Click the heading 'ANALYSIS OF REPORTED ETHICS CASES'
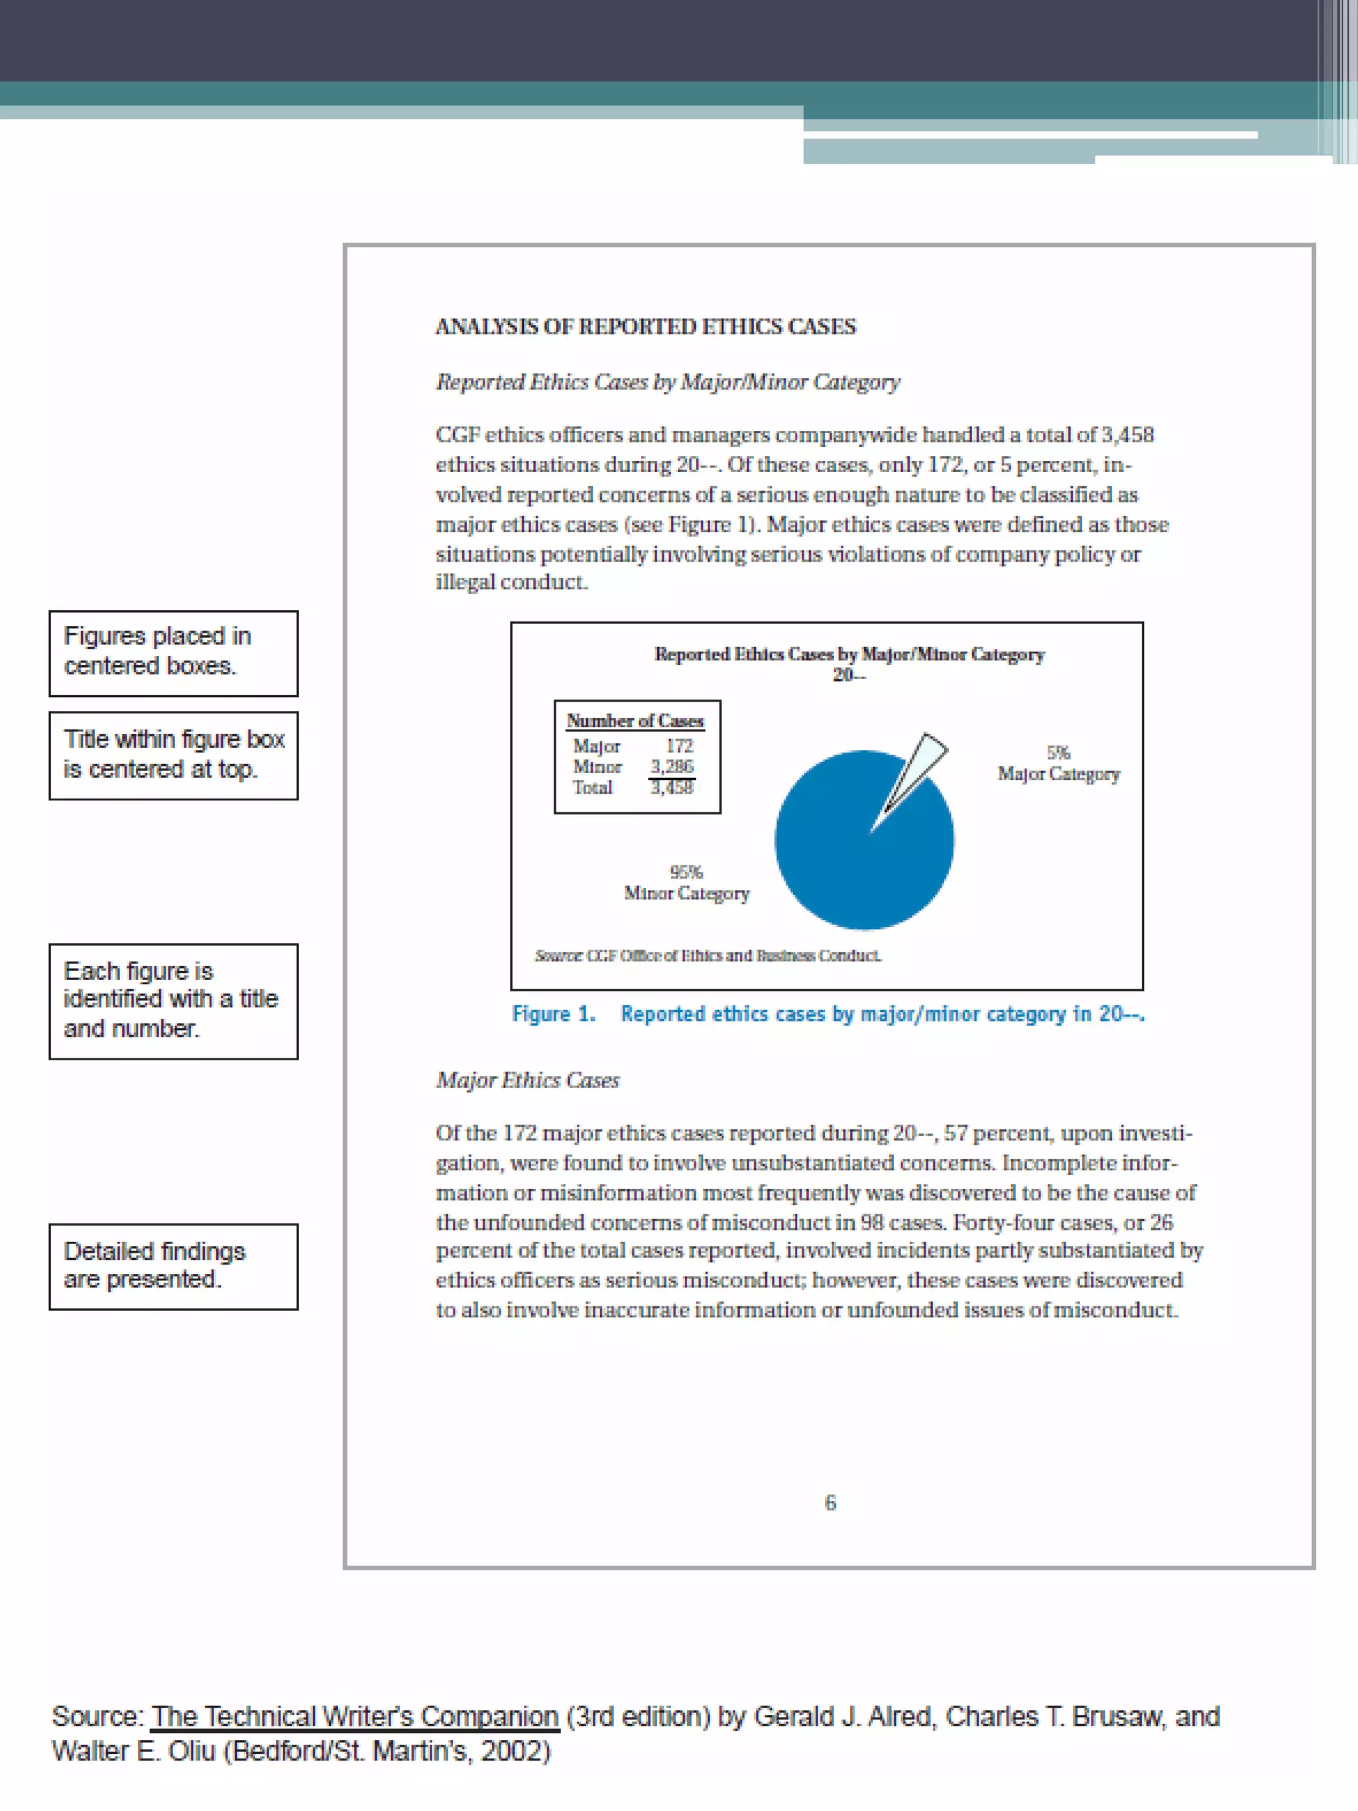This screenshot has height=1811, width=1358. [x=645, y=327]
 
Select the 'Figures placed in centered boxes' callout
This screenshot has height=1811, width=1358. [x=174, y=653]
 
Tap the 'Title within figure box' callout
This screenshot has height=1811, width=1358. [x=174, y=755]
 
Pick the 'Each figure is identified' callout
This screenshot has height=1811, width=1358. [x=174, y=1001]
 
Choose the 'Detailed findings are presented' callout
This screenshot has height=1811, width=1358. [x=174, y=1266]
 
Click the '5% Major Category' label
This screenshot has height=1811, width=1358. [x=1058, y=763]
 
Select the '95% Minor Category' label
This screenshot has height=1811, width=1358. [x=686, y=883]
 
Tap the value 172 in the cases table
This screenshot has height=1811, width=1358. [x=680, y=746]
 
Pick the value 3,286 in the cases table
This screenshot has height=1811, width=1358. [x=672, y=767]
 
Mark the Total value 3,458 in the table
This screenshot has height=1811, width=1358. [x=672, y=788]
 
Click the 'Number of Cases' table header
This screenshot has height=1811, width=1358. [x=635, y=720]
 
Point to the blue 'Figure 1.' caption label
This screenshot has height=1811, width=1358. [x=554, y=1013]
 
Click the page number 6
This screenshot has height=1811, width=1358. [x=830, y=1503]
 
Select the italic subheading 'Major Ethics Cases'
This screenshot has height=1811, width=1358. [x=528, y=1081]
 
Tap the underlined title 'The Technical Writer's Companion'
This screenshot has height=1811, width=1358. [x=355, y=1716]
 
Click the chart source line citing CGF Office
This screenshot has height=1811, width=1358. [x=708, y=956]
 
